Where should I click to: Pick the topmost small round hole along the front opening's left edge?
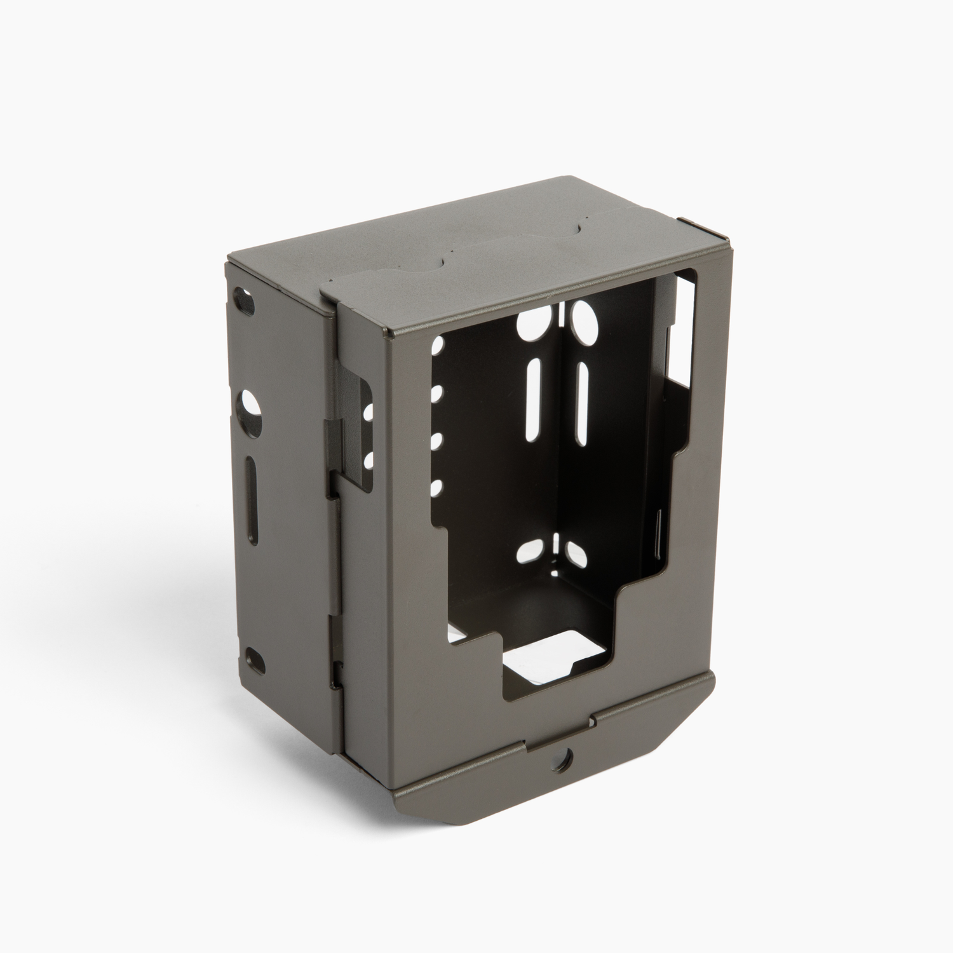[437, 346]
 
